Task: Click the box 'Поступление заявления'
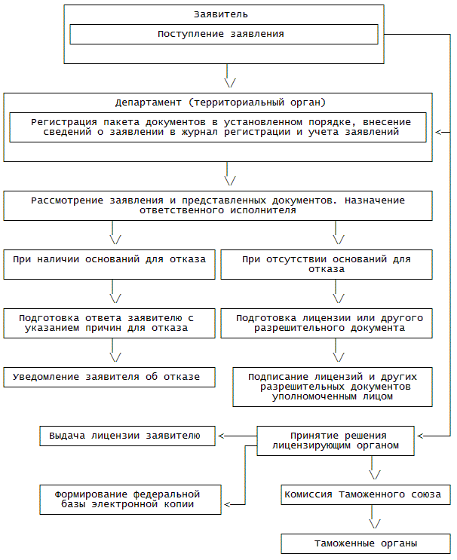pos(223,34)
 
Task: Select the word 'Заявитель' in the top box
pos(221,14)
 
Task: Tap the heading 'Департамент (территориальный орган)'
pos(220,102)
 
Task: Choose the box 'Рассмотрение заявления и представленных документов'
pos(218,205)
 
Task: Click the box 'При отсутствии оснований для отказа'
pos(327,265)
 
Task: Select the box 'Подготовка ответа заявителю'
pos(109,323)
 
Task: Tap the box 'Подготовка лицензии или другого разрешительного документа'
pos(327,323)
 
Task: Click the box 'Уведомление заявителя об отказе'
pos(109,377)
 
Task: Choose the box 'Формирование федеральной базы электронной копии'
pos(130,499)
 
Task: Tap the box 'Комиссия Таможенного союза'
pos(367,495)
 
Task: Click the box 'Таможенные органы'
pos(367,543)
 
